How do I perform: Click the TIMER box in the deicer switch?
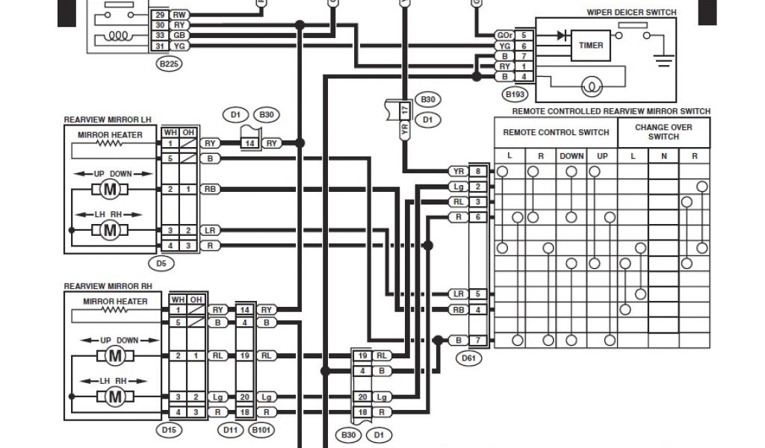[591, 46]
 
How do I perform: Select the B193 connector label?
[515, 94]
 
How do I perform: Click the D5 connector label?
[161, 262]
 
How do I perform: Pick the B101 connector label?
[261, 429]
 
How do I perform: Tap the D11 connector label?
[230, 429]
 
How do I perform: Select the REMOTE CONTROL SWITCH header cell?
[556, 132]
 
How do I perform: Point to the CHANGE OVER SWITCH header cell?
[663, 131]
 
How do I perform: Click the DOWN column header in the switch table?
[571, 156]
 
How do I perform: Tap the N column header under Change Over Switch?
[663, 156]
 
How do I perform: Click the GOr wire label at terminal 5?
[504, 35]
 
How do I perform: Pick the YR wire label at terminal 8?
[457, 171]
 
